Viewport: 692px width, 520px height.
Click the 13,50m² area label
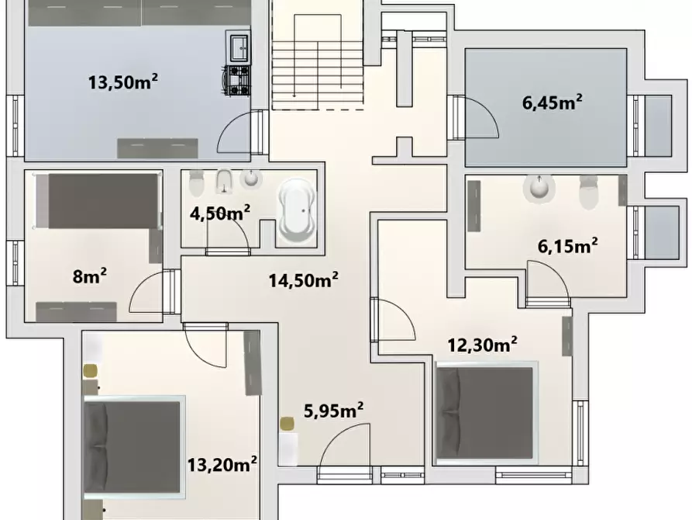pyautogui.click(x=123, y=81)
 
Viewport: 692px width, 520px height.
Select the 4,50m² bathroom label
pyautogui.click(x=220, y=212)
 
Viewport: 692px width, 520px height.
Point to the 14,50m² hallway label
pyautogui.click(x=303, y=280)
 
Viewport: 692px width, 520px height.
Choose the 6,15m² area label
pyautogui.click(x=567, y=246)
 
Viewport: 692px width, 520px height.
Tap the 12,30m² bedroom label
pyautogui.click(x=483, y=343)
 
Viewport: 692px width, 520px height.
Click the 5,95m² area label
pyautogui.click(x=333, y=411)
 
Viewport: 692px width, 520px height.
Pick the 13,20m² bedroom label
pyautogui.click(x=222, y=464)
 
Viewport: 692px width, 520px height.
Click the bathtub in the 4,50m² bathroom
pyautogui.click(x=296, y=209)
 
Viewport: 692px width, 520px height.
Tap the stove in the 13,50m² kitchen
pyautogui.click(x=237, y=81)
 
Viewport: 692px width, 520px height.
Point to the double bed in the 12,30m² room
pyautogui.click(x=484, y=411)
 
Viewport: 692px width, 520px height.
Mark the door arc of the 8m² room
pyautogui.click(x=147, y=296)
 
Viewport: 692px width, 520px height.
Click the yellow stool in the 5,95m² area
pyautogui.click(x=287, y=424)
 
